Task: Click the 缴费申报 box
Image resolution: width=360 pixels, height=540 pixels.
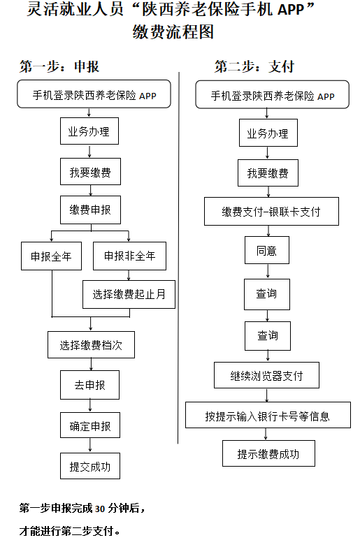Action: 90,210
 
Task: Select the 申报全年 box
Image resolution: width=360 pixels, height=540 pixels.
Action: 51,256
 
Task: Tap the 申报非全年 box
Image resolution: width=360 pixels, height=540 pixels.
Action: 129,256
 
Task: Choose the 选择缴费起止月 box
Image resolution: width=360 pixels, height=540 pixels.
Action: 129,294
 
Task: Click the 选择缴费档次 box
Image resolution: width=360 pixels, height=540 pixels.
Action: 91,344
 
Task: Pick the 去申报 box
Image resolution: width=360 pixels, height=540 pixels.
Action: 90,385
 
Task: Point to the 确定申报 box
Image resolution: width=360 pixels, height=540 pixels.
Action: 90,425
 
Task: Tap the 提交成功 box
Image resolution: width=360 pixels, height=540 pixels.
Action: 90,466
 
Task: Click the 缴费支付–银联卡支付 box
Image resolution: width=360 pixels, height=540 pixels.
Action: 271,212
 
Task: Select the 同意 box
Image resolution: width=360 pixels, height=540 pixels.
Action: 267,250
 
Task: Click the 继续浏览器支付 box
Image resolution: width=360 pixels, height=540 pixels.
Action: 266,375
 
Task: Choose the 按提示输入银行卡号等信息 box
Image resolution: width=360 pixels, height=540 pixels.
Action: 268,415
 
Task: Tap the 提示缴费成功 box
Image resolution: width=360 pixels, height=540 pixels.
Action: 268,453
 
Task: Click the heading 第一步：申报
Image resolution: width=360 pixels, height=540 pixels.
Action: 59,66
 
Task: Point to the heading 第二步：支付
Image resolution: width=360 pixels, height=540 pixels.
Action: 254,66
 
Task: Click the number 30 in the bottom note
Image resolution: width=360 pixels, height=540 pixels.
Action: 100,509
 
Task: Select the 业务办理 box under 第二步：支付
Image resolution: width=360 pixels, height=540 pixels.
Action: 268,133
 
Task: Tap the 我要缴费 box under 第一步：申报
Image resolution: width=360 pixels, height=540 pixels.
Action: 90,172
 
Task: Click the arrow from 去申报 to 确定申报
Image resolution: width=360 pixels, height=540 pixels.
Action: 90,406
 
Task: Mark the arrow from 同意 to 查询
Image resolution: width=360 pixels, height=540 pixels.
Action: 268,271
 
